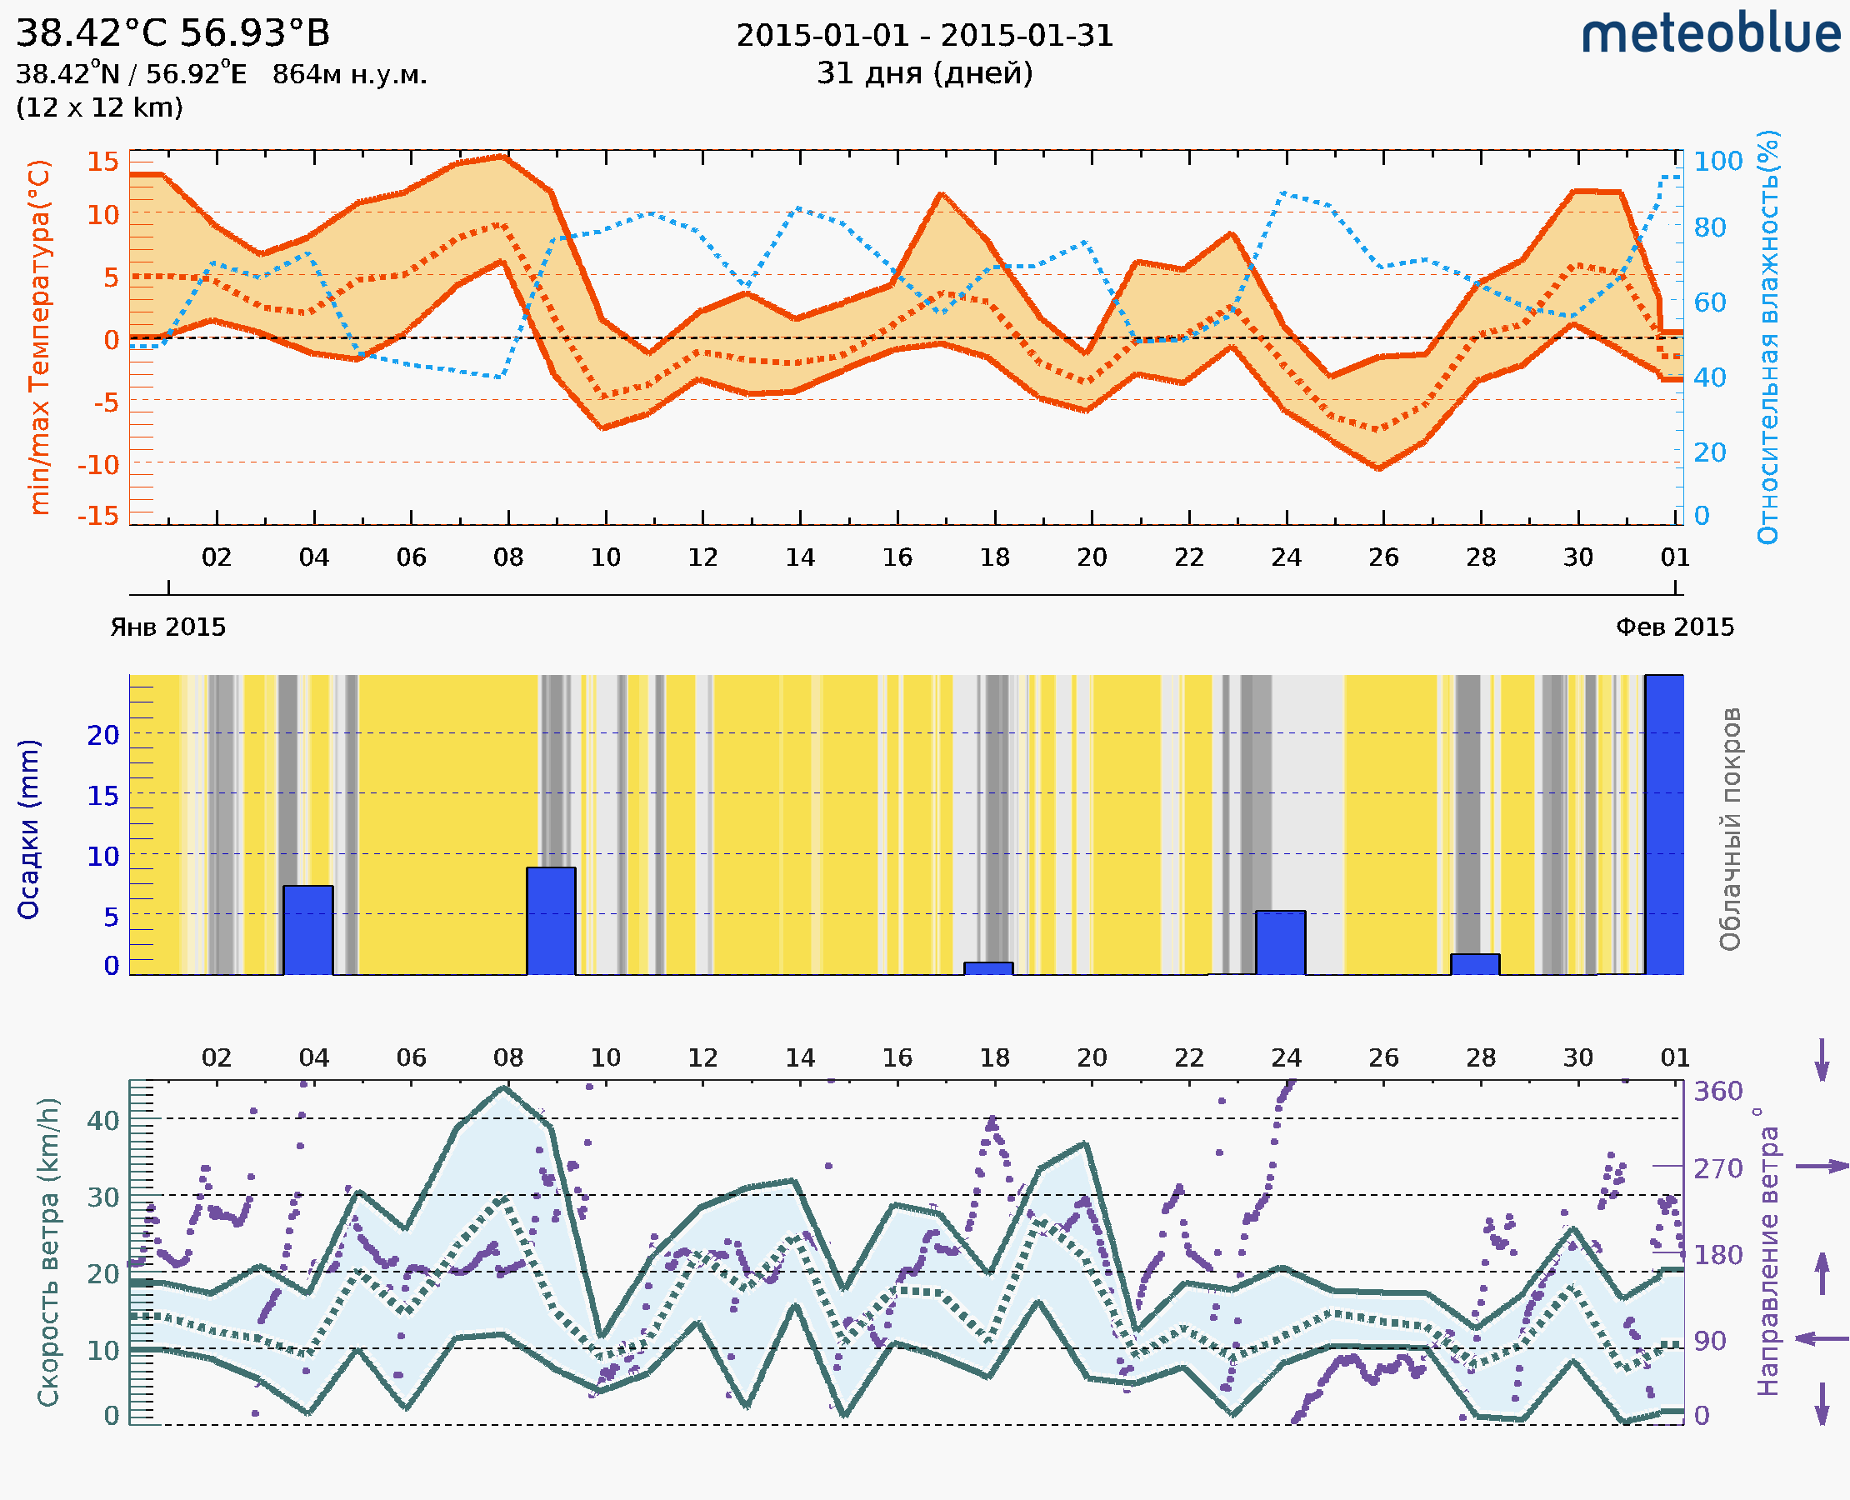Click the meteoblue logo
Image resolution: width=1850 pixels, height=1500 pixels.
(1710, 34)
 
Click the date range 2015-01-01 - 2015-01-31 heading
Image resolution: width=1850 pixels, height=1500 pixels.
(924, 36)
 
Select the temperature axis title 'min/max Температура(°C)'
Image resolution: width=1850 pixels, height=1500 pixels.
(39, 337)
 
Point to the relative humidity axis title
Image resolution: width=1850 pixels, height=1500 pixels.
(1767, 337)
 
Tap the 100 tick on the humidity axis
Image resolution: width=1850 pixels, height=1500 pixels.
(1717, 161)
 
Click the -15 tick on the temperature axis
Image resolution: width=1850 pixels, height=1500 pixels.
(98, 516)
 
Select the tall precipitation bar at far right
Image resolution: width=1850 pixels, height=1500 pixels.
(1664, 824)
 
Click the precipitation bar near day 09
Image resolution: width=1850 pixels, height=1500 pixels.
(552, 921)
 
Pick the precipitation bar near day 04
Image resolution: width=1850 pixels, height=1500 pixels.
(308, 930)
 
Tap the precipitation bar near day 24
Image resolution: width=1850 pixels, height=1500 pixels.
(1281, 942)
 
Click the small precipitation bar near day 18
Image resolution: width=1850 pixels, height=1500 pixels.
(988, 968)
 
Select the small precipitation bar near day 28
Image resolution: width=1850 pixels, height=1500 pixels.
(1475, 964)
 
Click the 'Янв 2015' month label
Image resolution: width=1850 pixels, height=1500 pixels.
(167, 627)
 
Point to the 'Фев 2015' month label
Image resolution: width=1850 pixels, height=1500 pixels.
(1675, 627)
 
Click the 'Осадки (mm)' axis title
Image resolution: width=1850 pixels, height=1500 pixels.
(28, 829)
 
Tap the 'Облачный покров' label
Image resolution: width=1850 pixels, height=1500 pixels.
(1730, 829)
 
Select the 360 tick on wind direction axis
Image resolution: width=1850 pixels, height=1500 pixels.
(1717, 1092)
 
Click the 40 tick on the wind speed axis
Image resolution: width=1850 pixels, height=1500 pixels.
(102, 1121)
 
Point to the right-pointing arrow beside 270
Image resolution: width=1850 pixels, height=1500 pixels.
(1822, 1167)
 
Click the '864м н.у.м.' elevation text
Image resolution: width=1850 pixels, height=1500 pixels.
(350, 75)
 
